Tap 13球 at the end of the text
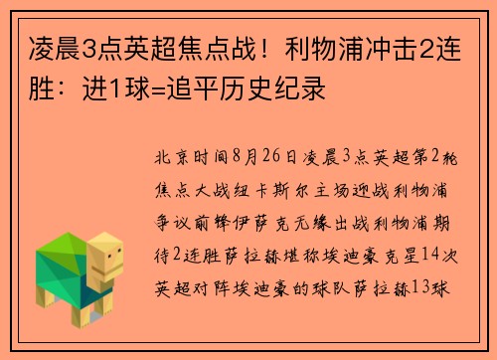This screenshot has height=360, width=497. (x=433, y=267)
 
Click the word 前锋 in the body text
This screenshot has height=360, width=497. (x=215, y=212)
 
